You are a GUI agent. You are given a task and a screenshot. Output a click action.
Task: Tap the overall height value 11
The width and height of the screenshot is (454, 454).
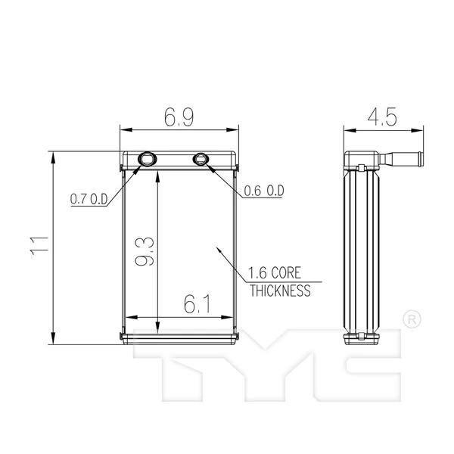(x=40, y=244)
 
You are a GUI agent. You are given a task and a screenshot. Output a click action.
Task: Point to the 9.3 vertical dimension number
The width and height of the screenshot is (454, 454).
(x=145, y=250)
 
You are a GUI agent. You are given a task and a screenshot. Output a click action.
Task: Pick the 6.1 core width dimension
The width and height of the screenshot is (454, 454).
(x=196, y=304)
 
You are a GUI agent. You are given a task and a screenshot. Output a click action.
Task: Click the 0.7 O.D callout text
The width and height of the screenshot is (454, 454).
(x=89, y=199)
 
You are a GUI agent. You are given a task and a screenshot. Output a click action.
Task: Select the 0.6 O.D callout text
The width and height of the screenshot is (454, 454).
(x=263, y=191)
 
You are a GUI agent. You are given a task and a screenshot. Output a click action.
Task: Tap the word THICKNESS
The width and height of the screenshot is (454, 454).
(x=279, y=291)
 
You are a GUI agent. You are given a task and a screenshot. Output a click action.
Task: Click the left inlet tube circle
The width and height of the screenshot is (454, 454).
(x=147, y=158)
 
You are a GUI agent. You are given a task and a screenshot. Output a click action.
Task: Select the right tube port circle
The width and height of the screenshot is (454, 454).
(x=201, y=158)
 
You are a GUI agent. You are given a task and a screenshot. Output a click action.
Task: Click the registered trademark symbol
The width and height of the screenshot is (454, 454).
(x=411, y=319)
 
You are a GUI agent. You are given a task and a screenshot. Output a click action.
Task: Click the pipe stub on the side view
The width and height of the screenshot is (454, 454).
(x=404, y=160)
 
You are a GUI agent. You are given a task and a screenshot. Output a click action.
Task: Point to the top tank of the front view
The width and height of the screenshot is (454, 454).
(x=180, y=159)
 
